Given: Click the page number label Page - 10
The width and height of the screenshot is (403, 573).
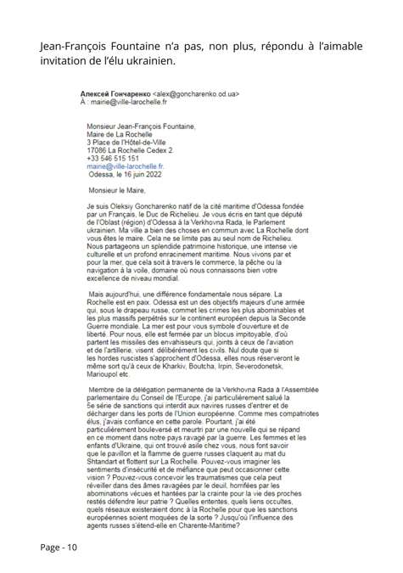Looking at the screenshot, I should click(x=59, y=547).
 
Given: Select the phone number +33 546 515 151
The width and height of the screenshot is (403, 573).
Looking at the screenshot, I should click(x=115, y=159).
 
